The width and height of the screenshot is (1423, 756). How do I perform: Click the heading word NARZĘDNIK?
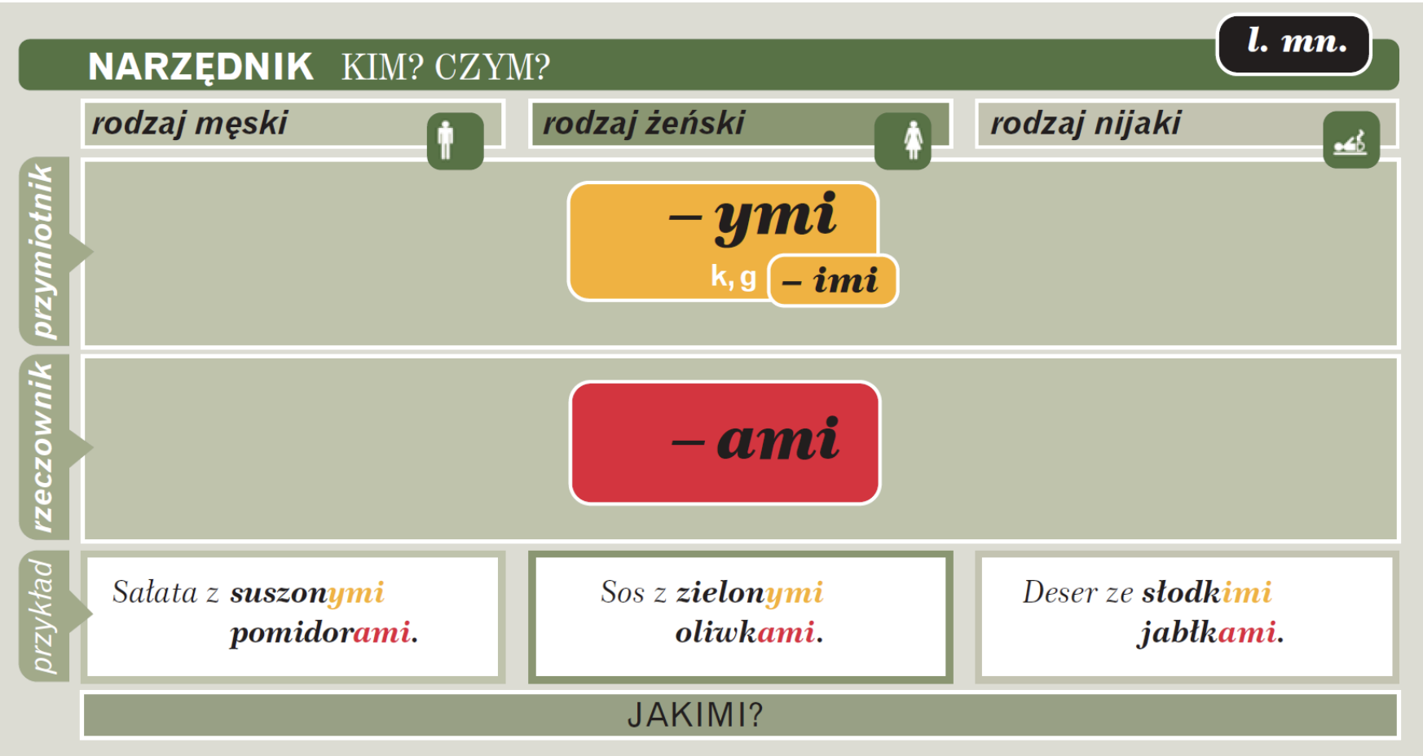point(200,67)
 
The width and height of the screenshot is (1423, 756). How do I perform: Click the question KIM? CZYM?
point(446,67)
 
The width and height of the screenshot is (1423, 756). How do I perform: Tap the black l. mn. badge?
point(1294,44)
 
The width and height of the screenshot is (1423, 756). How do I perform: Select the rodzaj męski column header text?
point(190,123)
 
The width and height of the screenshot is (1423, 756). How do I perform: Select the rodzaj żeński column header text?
point(644,123)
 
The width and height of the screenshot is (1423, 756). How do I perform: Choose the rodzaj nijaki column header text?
point(1086,123)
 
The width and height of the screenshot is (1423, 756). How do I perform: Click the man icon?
point(455,141)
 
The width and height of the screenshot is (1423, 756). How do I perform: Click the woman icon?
point(903,141)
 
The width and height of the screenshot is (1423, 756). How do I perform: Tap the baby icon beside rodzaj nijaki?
point(1351,140)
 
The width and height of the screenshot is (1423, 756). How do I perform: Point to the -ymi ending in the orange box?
point(753,218)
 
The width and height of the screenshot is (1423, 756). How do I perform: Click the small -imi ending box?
point(833,281)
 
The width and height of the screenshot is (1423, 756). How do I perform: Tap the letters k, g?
point(734,278)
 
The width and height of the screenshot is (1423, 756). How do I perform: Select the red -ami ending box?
point(725,443)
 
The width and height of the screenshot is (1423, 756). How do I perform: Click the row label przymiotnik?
point(42,252)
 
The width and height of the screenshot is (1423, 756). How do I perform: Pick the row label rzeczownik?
point(42,447)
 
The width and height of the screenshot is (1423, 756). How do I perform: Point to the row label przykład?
point(42,617)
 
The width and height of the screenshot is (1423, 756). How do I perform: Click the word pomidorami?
point(324,633)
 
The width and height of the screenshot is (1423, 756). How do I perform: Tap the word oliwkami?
point(749,632)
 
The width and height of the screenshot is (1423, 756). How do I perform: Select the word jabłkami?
point(1211,633)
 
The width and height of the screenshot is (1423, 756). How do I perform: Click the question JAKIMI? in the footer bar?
point(695,715)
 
